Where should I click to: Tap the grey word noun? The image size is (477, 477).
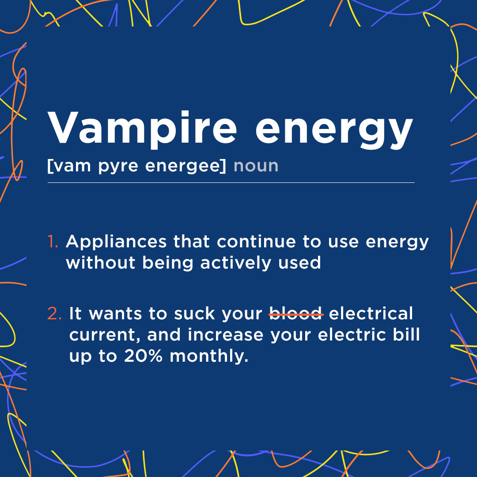click(x=256, y=166)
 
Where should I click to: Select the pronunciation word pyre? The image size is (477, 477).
click(x=118, y=167)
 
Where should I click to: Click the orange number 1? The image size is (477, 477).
click(x=53, y=241)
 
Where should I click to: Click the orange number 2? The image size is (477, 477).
click(x=54, y=313)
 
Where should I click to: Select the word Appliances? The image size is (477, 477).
click(x=116, y=242)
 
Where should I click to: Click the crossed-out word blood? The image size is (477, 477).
click(x=295, y=313)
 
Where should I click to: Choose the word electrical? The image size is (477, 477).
click(x=371, y=313)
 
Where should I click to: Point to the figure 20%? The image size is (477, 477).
click(x=143, y=356)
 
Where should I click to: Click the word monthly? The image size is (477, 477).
click(x=208, y=356)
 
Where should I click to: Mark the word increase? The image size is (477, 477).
click(x=225, y=334)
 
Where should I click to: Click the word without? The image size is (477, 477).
click(x=101, y=262)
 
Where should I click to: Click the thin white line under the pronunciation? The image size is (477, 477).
click(x=231, y=182)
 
